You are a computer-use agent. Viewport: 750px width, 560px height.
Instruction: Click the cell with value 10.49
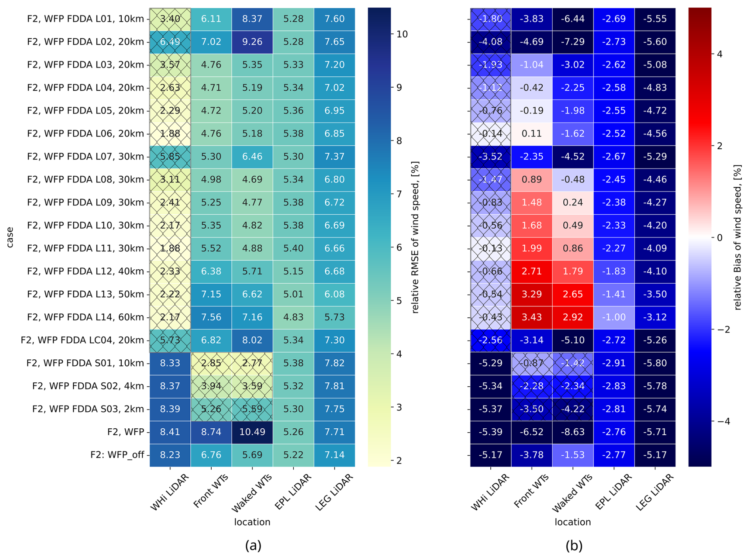tap(252, 432)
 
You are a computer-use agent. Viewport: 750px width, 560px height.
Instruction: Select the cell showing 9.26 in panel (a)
tap(252, 42)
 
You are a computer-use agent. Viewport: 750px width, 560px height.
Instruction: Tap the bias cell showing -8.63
tap(572, 432)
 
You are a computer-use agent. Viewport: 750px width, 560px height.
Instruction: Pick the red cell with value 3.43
tap(532, 317)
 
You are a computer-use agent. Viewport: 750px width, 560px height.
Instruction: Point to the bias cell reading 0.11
tap(532, 134)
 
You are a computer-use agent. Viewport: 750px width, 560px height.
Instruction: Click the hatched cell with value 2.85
tap(211, 363)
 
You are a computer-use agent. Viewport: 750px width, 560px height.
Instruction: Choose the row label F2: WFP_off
tap(117, 455)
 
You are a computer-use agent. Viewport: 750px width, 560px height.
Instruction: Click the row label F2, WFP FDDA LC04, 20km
tap(82, 340)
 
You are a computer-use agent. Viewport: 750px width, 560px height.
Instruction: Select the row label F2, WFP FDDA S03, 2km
tap(88, 409)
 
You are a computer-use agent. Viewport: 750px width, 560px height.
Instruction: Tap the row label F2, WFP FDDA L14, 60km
tap(85, 317)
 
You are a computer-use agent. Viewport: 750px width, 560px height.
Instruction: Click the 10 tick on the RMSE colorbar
tap(402, 35)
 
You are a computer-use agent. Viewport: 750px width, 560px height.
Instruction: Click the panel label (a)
tap(253, 546)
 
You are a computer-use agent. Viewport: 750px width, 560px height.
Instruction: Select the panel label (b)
tap(574, 546)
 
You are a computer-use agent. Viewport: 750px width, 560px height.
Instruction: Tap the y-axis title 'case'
tap(10, 237)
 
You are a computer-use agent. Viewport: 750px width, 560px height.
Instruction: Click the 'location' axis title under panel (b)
tap(572, 522)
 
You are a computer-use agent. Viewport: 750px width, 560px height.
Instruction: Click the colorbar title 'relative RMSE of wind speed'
tap(415, 237)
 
